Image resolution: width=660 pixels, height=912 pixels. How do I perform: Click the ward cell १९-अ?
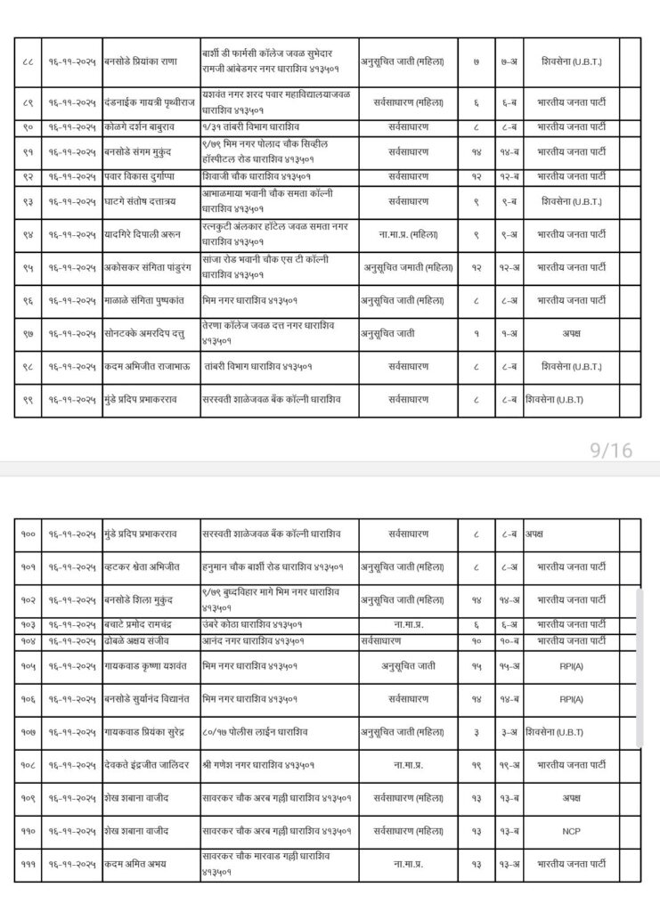tap(509, 765)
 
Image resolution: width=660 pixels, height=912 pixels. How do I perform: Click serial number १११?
tap(28, 864)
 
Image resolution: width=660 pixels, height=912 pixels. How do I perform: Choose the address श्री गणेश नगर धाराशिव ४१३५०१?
tap(258, 765)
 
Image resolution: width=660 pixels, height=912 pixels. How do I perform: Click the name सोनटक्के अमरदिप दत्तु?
tap(146, 334)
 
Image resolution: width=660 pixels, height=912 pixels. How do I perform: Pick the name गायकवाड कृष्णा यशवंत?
tap(145, 665)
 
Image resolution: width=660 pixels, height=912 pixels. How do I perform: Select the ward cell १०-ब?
tap(509, 640)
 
